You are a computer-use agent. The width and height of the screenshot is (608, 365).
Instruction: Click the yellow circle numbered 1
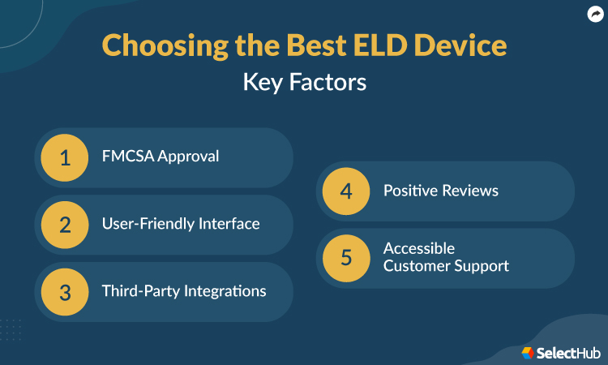[66, 157]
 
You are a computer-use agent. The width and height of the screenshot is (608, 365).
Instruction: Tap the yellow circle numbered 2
[66, 224]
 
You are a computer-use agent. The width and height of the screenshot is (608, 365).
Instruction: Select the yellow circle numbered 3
[66, 290]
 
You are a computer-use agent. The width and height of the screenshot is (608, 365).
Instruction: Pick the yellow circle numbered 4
[347, 191]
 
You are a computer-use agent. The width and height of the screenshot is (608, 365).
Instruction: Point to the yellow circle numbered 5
[347, 257]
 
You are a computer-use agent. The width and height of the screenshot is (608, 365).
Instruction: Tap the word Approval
[189, 157]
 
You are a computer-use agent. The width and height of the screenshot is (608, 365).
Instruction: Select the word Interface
[229, 224]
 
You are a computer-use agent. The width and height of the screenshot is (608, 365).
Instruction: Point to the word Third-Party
[137, 290]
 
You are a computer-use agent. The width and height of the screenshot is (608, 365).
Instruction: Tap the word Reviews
[470, 191]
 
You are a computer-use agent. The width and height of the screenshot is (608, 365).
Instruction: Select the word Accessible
[419, 248]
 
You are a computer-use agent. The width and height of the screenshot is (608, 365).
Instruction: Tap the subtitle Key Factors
[304, 83]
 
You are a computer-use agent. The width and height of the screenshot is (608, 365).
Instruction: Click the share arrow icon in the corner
[594, 14]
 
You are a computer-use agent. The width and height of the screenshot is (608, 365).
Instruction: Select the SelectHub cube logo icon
[528, 352]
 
